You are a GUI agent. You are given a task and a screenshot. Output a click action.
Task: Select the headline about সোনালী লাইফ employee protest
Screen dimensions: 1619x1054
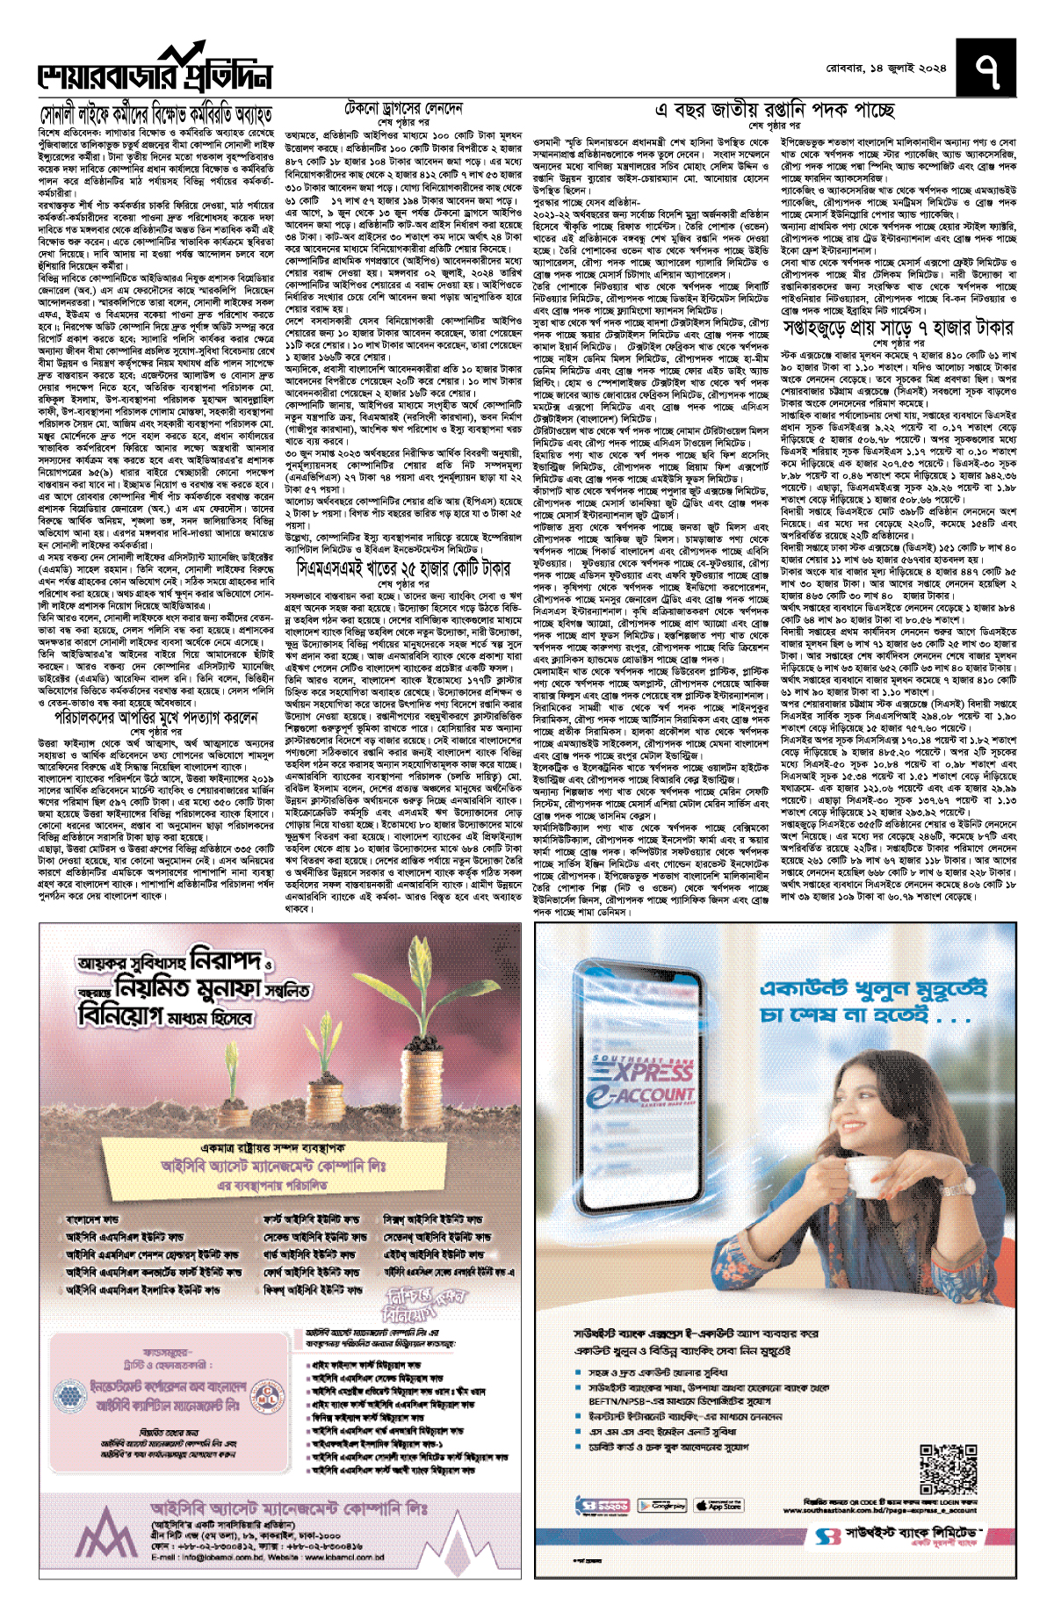[156, 114]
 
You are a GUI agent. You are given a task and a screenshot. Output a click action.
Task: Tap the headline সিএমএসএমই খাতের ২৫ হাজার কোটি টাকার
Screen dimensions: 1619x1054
[403, 567]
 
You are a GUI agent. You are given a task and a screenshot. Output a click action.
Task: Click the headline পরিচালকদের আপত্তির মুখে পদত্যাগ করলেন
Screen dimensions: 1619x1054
[156, 717]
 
